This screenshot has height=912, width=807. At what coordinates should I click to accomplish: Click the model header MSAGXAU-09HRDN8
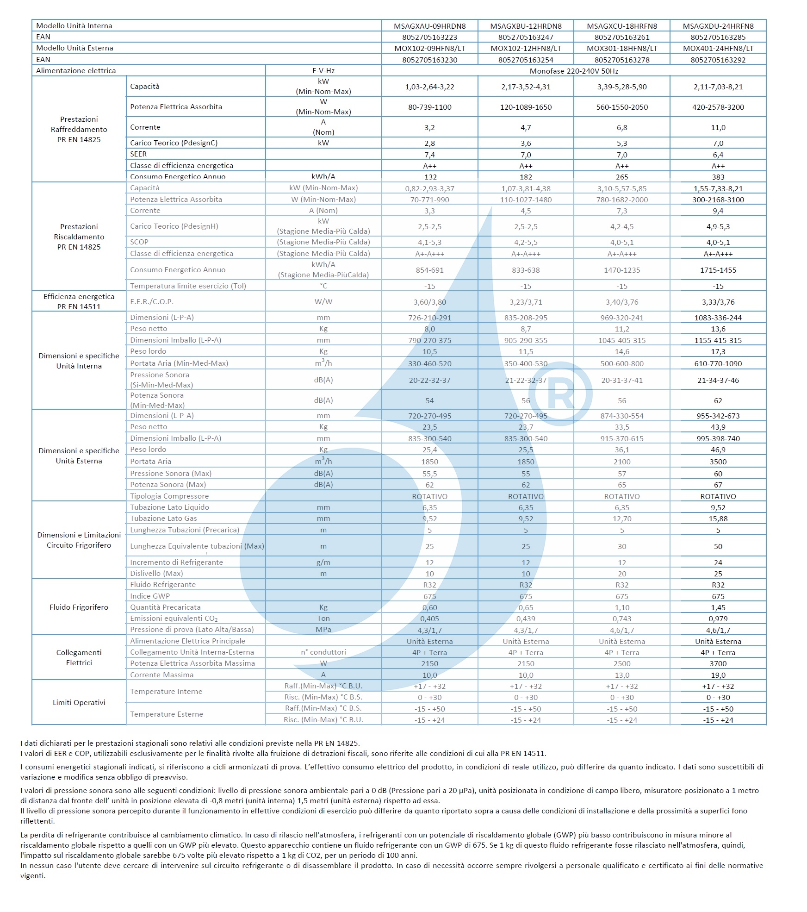tap(429, 26)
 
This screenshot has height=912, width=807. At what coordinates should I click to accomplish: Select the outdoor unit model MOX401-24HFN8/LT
tap(718, 48)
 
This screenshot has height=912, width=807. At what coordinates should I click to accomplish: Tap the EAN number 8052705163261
tap(621, 37)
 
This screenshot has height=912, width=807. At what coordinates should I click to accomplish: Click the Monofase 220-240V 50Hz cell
tap(574, 71)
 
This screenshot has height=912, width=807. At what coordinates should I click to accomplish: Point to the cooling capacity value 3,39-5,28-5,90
tap(621, 87)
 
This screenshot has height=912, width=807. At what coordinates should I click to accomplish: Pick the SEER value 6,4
tap(718, 155)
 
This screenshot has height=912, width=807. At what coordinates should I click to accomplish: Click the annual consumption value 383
tap(718, 177)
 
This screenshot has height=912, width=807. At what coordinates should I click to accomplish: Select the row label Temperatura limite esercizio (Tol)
tap(188, 286)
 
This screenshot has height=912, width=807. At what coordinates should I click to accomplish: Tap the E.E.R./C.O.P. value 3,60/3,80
tap(429, 302)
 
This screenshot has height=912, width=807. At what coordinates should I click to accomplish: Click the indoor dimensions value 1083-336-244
tap(718, 318)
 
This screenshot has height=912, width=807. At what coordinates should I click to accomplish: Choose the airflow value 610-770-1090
tap(718, 363)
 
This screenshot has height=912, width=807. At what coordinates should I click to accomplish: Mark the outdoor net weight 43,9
tap(718, 427)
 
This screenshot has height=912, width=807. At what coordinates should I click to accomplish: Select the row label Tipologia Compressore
tap(169, 496)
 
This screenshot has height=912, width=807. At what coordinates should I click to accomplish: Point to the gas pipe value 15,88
tap(718, 518)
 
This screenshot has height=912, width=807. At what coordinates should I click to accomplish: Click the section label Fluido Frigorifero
tap(79, 607)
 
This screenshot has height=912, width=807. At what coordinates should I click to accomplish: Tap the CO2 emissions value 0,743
tap(621, 618)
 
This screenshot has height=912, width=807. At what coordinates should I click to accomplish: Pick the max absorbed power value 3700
tap(718, 663)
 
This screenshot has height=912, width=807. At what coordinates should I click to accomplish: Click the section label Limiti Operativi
tap(79, 702)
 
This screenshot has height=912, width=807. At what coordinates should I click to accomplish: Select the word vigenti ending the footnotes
tap(32, 875)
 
